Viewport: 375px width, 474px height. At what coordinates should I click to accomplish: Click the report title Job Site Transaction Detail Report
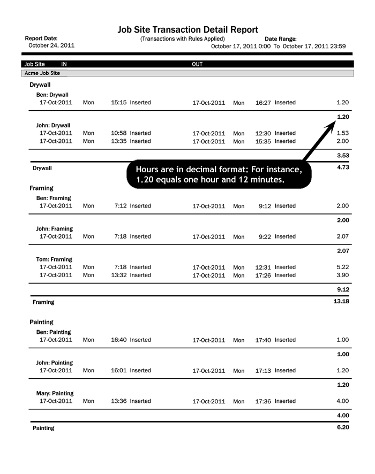click(x=187, y=30)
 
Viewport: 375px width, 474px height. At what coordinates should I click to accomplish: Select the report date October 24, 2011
click(x=51, y=45)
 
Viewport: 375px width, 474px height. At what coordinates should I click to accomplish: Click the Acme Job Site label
click(x=42, y=73)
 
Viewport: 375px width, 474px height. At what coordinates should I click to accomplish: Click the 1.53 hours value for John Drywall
click(x=343, y=133)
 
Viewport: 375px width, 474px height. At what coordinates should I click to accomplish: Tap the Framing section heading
click(x=41, y=188)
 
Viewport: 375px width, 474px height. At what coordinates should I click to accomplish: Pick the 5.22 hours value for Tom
click(x=343, y=267)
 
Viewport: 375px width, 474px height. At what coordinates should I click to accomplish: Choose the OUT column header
click(x=197, y=64)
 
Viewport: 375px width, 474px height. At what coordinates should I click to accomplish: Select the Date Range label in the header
click(x=281, y=39)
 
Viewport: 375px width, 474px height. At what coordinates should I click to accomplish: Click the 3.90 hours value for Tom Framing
click(x=343, y=275)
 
